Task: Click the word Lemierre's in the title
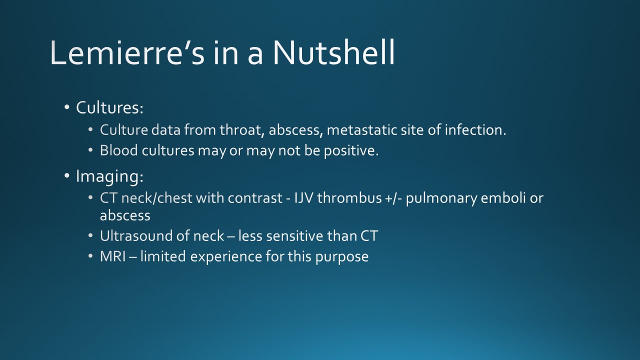[x=127, y=52]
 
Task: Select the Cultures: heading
[x=109, y=107]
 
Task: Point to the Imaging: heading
[x=109, y=176]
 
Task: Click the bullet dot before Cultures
[x=67, y=107]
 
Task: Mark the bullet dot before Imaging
[x=67, y=176]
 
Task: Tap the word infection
[x=475, y=130]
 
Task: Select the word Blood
[x=119, y=150]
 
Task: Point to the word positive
[x=351, y=151]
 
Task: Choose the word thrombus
[x=349, y=198]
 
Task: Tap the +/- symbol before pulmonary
[x=393, y=198]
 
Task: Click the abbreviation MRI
[x=112, y=256]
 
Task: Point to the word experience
[x=225, y=257]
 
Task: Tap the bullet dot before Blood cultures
[x=90, y=150]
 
